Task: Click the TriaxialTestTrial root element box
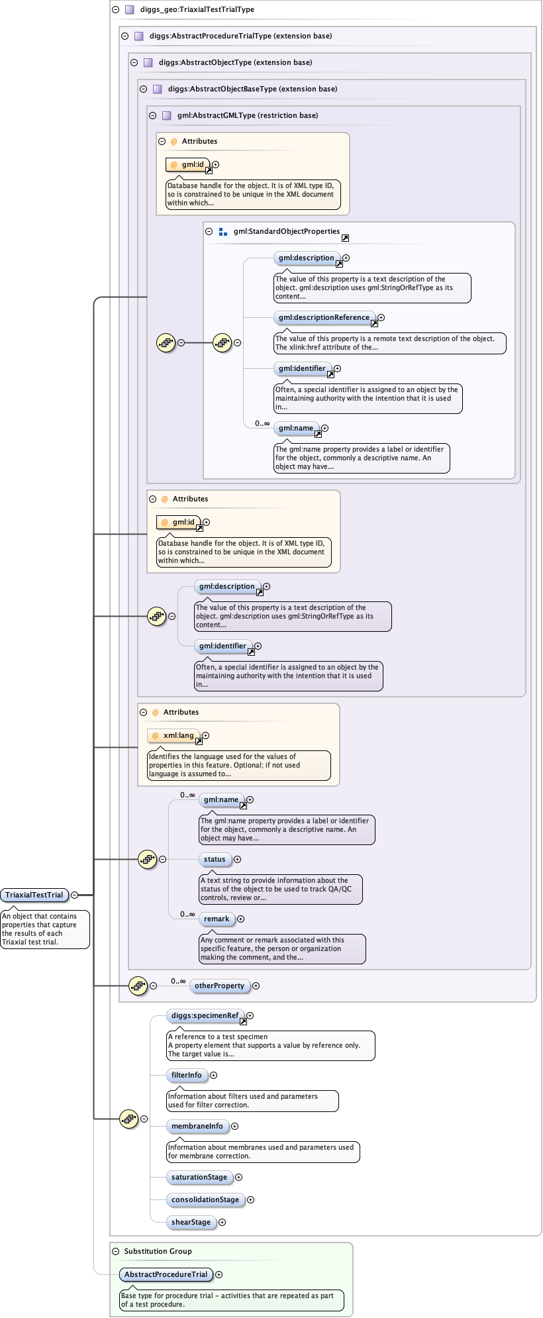pyautogui.click(x=34, y=895)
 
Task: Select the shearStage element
pyautogui.click(x=191, y=1222)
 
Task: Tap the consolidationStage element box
pyautogui.click(x=205, y=1199)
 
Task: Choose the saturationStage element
pyautogui.click(x=199, y=1177)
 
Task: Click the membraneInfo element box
pyautogui.click(x=197, y=1126)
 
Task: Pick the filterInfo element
pyautogui.click(x=187, y=1075)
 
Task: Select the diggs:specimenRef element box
pyautogui.click(x=205, y=1015)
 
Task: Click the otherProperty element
pyautogui.click(x=220, y=986)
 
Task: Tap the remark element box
pyautogui.click(x=217, y=919)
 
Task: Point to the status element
pyautogui.click(x=215, y=859)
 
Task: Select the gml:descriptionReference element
pyautogui.click(x=324, y=317)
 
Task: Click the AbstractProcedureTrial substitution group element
pyautogui.click(x=166, y=1274)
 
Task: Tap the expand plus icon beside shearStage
pyautogui.click(x=222, y=1222)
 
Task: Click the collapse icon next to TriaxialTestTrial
pyautogui.click(x=74, y=895)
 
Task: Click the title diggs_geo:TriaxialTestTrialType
pyautogui.click(x=197, y=9)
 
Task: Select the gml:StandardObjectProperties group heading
pyautogui.click(x=286, y=231)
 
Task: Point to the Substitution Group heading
pyautogui.click(x=158, y=1251)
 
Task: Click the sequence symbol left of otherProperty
pyautogui.click(x=138, y=986)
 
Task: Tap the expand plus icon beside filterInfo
pyautogui.click(x=213, y=1075)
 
